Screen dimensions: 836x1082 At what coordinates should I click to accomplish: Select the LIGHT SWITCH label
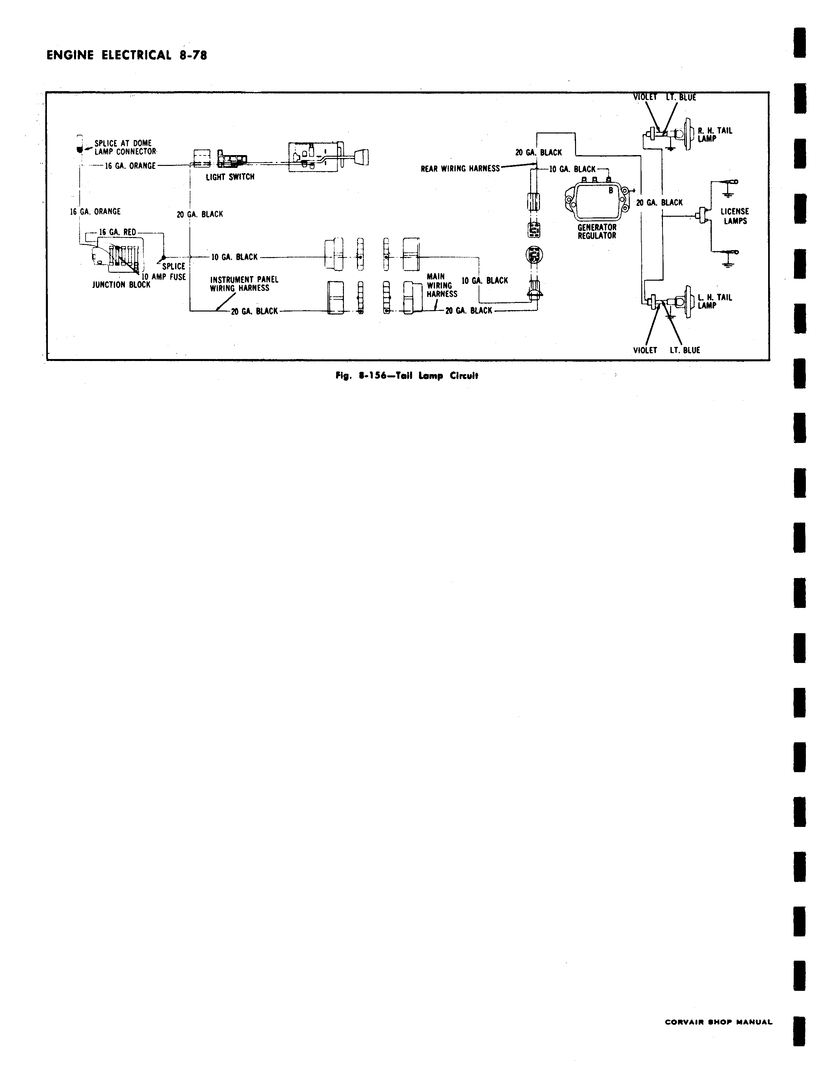(x=230, y=177)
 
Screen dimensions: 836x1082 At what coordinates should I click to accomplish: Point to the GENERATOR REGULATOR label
(x=597, y=231)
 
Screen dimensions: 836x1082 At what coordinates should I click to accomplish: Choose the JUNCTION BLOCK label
(x=121, y=285)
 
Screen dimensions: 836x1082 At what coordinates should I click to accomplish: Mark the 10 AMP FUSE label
(x=164, y=277)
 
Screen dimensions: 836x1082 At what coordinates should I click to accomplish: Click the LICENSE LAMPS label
(x=735, y=216)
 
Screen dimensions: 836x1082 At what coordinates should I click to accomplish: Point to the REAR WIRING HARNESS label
(x=460, y=169)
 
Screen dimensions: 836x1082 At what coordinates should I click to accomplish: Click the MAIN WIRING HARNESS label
(x=442, y=285)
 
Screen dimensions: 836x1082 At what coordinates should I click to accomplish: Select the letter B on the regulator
(x=611, y=190)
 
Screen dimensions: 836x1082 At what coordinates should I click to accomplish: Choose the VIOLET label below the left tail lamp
(x=645, y=350)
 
